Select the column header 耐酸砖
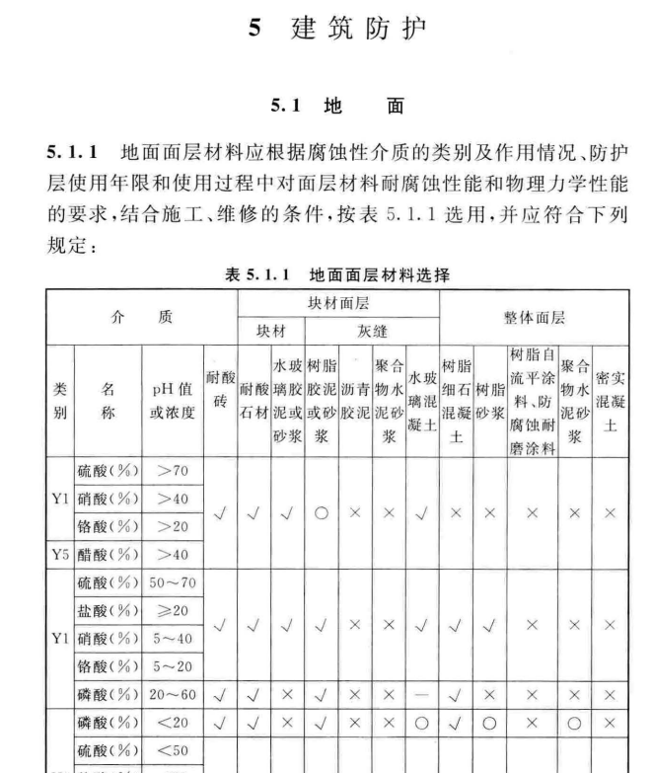point(219,387)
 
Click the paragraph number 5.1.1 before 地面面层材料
point(75,154)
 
